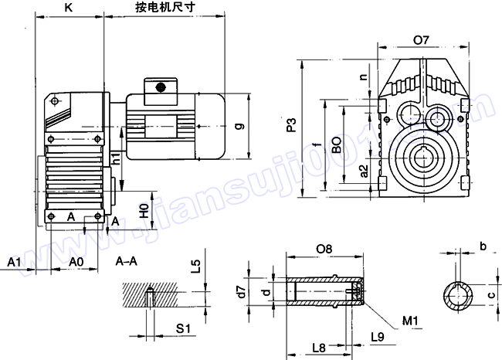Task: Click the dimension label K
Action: (x=69, y=9)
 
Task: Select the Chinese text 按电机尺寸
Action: (x=165, y=9)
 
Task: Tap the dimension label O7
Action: (x=422, y=39)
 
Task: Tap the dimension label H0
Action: (x=143, y=209)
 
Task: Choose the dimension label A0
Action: (x=76, y=262)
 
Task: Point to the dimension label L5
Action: (x=196, y=267)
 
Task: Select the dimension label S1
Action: (x=183, y=329)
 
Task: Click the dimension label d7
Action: (x=241, y=291)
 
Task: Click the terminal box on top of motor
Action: (x=160, y=87)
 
